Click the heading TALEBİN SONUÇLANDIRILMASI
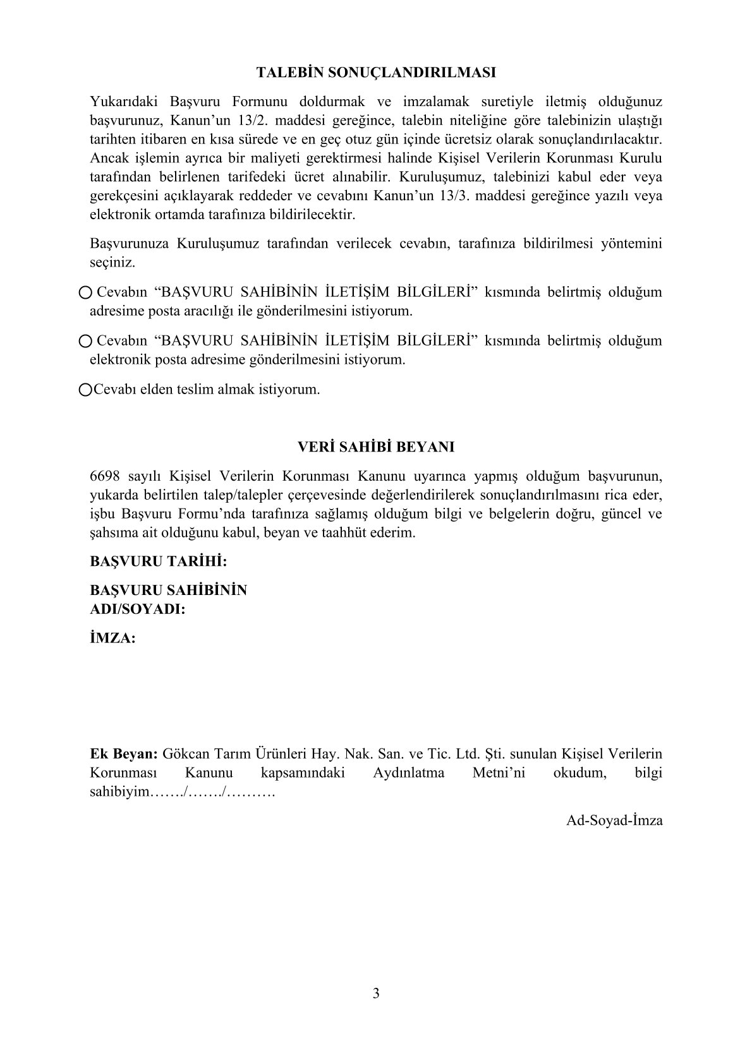376,73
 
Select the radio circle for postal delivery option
85,292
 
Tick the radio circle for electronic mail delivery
85,341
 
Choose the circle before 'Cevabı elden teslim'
85,390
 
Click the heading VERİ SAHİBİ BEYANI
376,447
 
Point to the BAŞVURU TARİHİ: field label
158,561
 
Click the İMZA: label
112,638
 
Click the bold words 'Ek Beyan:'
124,754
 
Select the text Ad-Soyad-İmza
614,820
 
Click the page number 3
376,994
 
